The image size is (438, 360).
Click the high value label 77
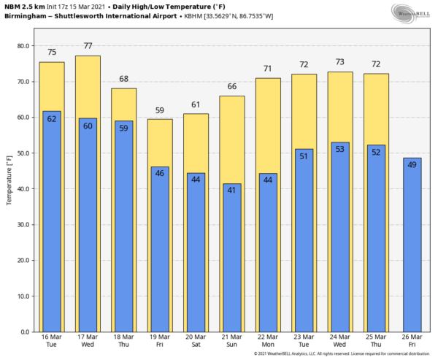pos(88,46)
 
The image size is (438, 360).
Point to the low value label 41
pos(231,191)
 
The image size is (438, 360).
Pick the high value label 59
pos(160,110)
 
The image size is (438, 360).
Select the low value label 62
pos(52,119)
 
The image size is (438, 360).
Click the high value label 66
pos(231,87)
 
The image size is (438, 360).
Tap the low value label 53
pos(339,150)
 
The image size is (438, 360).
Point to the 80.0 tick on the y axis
pos(23,46)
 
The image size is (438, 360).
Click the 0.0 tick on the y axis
pos(24,332)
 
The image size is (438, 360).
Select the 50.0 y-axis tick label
pos(23,153)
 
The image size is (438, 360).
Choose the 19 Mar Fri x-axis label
pos(160,342)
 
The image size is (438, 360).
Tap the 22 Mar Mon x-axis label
pos(268,342)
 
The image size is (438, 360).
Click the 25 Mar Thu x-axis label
pos(376,342)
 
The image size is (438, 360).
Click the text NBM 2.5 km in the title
pos(24,6)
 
